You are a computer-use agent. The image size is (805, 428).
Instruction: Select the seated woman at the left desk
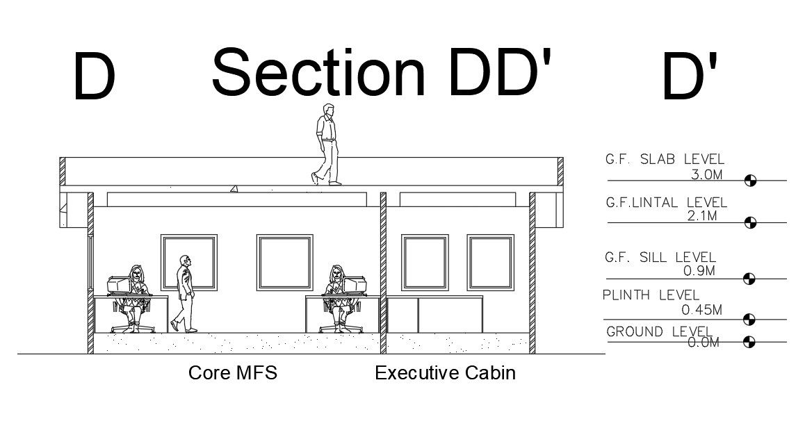coord(135,295)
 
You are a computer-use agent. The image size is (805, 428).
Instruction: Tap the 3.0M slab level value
coord(706,174)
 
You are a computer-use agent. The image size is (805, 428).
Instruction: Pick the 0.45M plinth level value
coord(701,309)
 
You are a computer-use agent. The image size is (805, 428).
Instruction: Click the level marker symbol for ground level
coord(749,342)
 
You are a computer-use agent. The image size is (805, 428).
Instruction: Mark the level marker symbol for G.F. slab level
coord(749,181)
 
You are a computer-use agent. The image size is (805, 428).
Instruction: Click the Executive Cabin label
coord(445,373)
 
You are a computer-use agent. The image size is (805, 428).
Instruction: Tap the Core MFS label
coord(233,373)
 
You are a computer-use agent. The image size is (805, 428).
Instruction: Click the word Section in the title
coord(318,72)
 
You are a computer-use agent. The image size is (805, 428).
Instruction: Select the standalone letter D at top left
coord(94,76)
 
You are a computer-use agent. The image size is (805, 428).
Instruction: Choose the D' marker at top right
coord(688,76)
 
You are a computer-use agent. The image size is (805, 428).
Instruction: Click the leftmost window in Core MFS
coord(188,262)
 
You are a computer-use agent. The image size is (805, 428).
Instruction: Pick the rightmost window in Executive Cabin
coord(490,262)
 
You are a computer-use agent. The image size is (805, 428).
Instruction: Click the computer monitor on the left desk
coord(118,284)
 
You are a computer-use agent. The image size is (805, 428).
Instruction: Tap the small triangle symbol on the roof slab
coord(234,188)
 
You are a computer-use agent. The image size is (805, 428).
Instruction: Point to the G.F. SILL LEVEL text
coord(660,258)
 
